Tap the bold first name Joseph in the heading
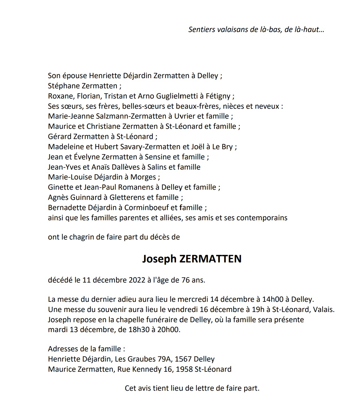(x=159, y=259)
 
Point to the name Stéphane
(x=64, y=86)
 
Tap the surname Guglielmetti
(x=172, y=96)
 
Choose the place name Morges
(x=143, y=177)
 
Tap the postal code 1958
(x=184, y=369)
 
